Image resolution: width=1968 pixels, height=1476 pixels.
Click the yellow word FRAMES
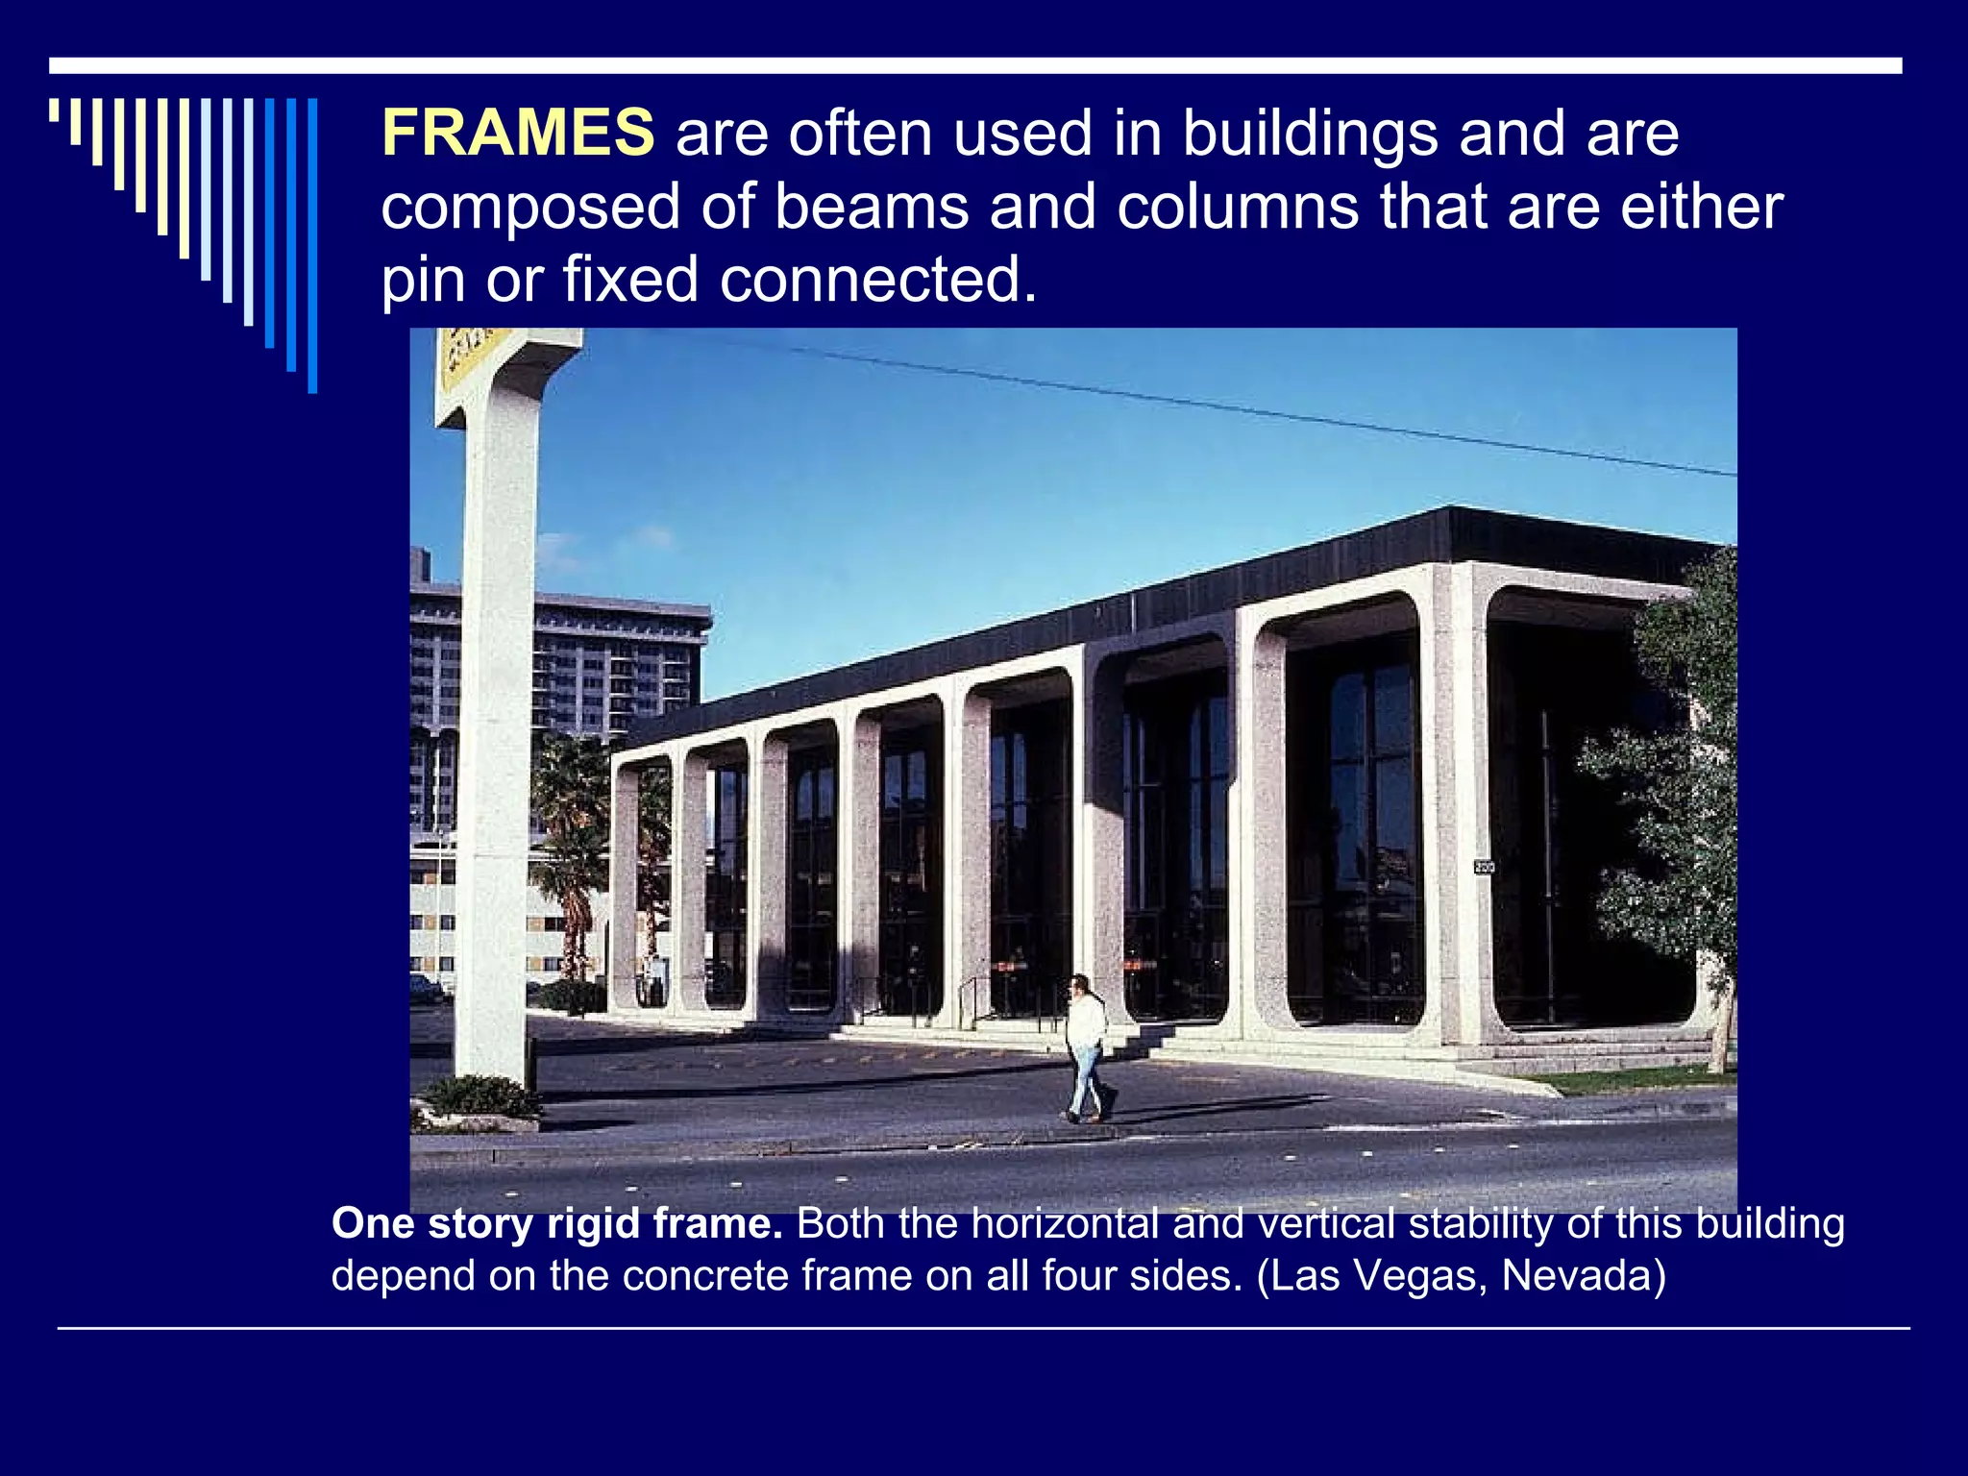coord(517,133)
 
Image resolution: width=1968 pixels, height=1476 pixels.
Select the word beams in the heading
coord(872,207)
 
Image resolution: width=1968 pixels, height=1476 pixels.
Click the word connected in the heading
coord(878,280)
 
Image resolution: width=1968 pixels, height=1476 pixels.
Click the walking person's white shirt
coord(1087,1022)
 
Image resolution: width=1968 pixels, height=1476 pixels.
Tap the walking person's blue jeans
coord(1086,1081)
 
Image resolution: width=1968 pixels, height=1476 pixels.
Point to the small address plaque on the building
coord(1484,867)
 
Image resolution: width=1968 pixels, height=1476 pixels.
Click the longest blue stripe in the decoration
coord(312,245)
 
